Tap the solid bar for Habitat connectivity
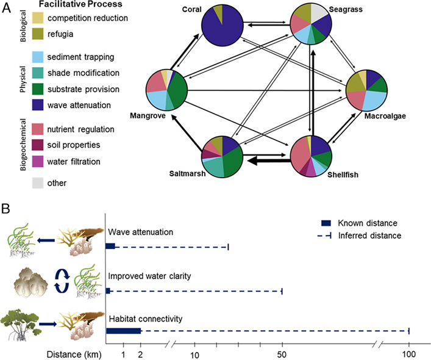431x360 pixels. coord(124,331)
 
